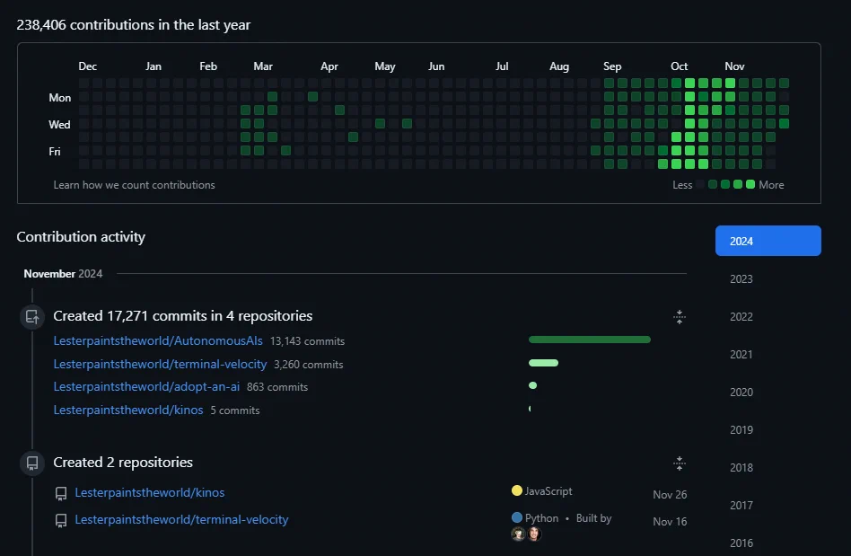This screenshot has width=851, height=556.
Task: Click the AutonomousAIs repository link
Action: [158, 341]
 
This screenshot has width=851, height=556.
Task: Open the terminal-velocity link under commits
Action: [160, 365]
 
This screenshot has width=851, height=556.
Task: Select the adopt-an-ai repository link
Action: [146, 386]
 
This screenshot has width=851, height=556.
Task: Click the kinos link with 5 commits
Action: [128, 410]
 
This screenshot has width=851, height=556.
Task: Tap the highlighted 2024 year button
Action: [768, 241]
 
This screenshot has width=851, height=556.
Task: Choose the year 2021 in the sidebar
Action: [741, 355]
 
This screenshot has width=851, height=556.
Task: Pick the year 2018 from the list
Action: [741, 467]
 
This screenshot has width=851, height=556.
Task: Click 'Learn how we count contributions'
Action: [134, 185]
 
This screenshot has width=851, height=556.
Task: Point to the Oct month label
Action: [679, 66]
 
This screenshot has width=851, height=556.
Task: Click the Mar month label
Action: [263, 66]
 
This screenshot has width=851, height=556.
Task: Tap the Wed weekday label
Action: [59, 124]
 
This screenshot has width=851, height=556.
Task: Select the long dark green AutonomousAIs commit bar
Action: [590, 340]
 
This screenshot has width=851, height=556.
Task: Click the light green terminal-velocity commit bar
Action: [543, 363]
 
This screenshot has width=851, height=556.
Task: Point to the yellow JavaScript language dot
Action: [517, 490]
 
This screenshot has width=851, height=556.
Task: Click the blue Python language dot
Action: [517, 517]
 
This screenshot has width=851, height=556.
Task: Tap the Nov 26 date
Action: [670, 495]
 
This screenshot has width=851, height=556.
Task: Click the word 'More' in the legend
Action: [771, 185]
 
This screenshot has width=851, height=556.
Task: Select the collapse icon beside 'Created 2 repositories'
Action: [679, 463]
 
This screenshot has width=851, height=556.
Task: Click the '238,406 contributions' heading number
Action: [41, 25]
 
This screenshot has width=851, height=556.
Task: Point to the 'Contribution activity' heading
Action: [81, 237]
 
